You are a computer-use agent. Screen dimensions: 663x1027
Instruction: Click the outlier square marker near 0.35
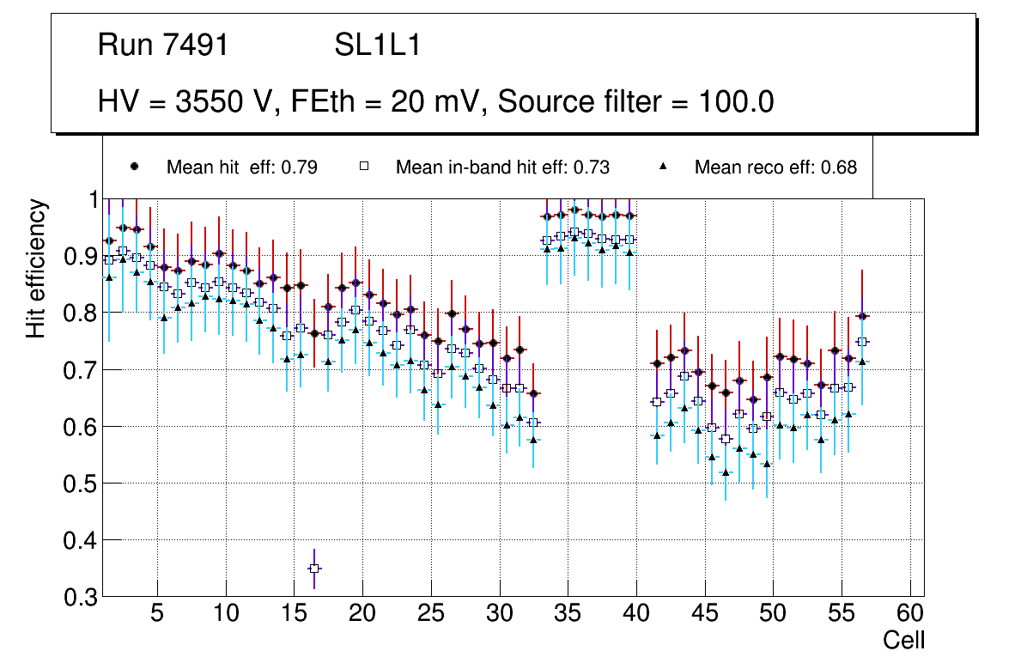[314, 569]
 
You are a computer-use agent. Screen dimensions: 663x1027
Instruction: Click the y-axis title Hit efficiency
[36, 269]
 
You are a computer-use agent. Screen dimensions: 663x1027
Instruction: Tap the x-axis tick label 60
[910, 615]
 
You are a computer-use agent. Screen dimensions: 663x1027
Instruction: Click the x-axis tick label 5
[157, 615]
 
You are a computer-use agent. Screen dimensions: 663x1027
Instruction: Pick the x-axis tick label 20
[362, 615]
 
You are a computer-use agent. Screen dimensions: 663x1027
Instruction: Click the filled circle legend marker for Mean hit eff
[135, 167]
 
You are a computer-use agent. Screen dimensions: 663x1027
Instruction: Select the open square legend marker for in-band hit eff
[364, 167]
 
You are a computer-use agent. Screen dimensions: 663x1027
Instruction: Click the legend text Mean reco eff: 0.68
[775, 167]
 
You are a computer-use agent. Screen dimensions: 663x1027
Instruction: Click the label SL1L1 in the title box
[377, 46]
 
